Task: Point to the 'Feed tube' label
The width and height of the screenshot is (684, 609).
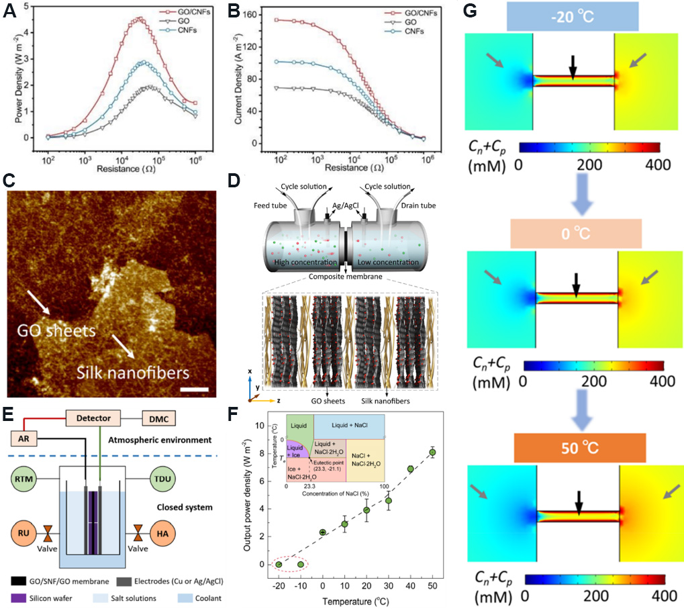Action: click(x=266, y=203)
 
